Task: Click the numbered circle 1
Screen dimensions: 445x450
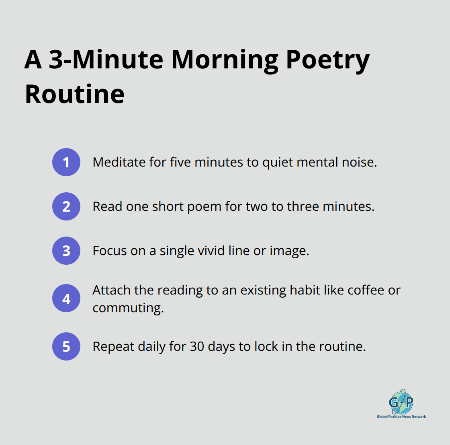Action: pos(66,162)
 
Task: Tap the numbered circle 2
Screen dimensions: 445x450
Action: pos(66,206)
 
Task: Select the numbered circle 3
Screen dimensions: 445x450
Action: pos(66,251)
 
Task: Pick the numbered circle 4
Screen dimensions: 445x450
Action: pos(66,299)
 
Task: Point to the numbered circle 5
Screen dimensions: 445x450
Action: pos(66,346)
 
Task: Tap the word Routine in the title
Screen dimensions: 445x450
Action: pos(75,94)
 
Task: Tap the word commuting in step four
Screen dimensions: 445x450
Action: pos(128,308)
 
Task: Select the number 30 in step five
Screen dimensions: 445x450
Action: pos(197,346)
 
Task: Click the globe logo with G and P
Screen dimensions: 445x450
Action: pos(401,402)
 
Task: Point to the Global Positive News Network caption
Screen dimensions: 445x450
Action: pos(401,417)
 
